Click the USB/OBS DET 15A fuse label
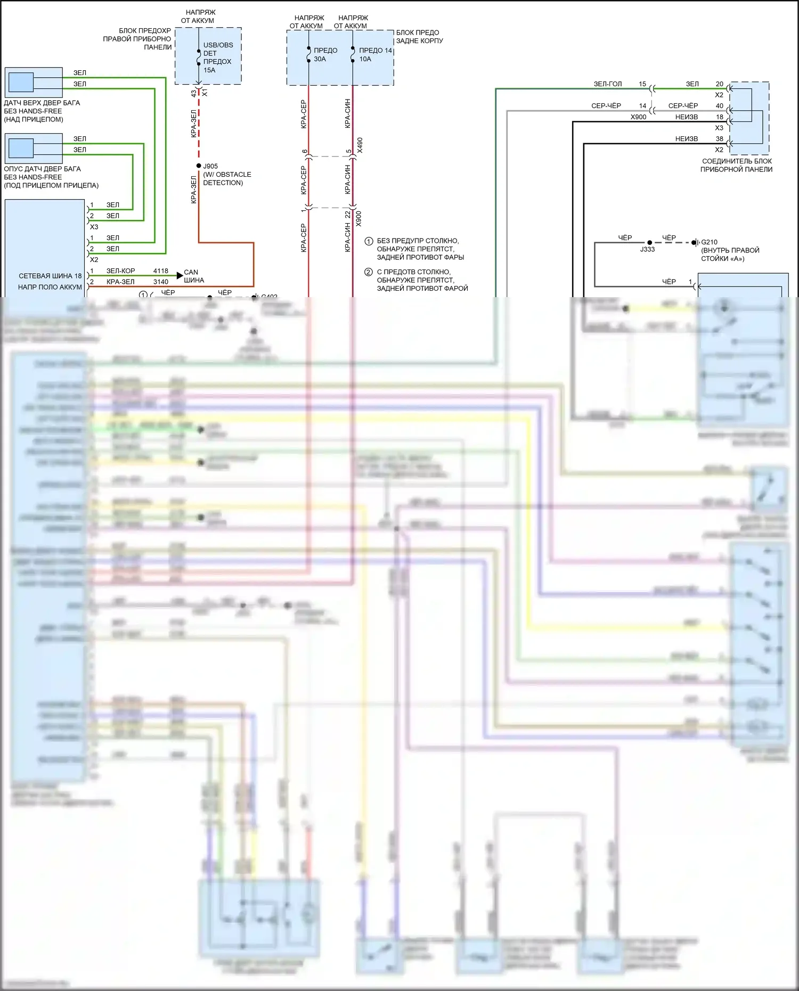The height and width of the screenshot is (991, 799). click(217, 58)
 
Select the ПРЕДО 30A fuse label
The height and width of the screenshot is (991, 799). click(325, 54)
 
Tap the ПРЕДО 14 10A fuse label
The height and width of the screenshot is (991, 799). click(375, 54)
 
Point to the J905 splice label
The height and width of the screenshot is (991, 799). click(210, 166)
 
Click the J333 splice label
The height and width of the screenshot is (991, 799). click(647, 249)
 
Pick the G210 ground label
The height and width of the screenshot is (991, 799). click(709, 242)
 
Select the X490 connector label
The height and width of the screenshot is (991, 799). click(360, 145)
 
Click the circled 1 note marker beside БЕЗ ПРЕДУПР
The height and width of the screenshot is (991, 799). click(369, 241)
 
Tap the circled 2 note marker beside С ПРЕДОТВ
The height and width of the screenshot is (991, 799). click(369, 272)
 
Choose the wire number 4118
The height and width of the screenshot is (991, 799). click(160, 271)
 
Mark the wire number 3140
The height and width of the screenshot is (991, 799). click(160, 282)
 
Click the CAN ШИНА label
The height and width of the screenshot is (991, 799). click(193, 276)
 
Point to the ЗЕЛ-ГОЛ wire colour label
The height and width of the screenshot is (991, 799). click(608, 84)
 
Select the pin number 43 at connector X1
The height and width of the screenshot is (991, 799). click(193, 94)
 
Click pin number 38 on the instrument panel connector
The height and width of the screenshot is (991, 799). click(719, 139)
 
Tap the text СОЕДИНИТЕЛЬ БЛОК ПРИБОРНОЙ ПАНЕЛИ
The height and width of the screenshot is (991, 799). click(737, 165)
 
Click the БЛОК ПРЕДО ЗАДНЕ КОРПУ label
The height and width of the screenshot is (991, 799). click(419, 36)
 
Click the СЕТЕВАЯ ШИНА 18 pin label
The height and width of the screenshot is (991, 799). click(50, 276)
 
